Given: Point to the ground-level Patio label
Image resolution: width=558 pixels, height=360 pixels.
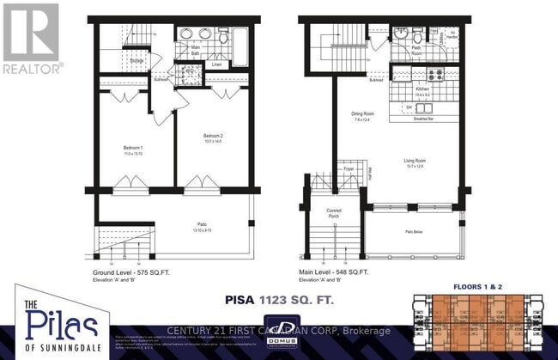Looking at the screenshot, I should (x=201, y=227).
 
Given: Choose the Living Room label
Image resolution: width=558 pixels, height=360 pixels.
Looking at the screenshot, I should (x=415, y=160).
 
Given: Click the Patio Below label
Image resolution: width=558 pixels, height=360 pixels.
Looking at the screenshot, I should (x=416, y=231).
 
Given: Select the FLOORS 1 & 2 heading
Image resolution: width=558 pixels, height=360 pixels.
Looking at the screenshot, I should (x=482, y=284).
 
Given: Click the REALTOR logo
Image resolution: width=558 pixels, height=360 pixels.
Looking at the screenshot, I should (x=33, y=38).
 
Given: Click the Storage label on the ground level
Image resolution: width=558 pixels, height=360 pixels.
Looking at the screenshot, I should (x=136, y=61).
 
